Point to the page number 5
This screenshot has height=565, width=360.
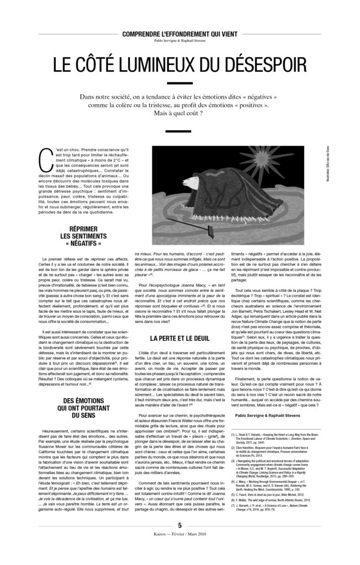click(179, 541)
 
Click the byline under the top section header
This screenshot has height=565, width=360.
click(179, 41)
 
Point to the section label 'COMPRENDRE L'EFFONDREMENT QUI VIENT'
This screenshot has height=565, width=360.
click(179, 35)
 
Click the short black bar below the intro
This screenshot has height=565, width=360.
click(179, 132)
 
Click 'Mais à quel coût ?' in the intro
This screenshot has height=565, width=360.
click(179, 114)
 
